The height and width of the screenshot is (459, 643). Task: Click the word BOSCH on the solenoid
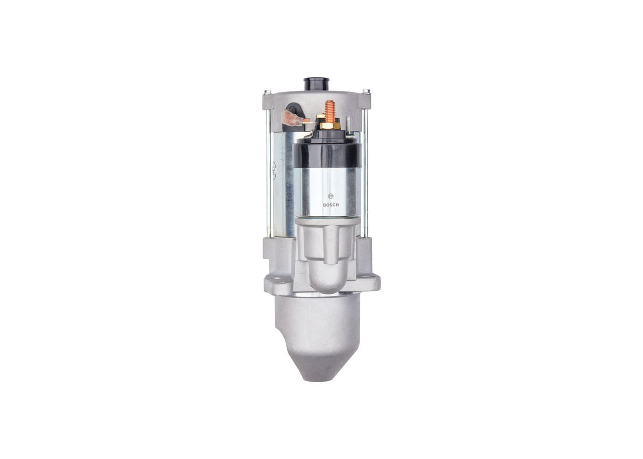(x=331, y=205)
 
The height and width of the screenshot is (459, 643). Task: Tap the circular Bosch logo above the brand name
(x=331, y=196)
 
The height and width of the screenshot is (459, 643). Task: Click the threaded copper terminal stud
(x=330, y=112)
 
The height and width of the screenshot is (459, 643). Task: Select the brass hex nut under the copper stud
(x=330, y=126)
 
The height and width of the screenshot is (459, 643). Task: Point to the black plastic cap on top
(x=317, y=84)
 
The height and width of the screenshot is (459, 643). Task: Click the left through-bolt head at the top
(x=267, y=92)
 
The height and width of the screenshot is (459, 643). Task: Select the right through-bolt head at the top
(x=366, y=91)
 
